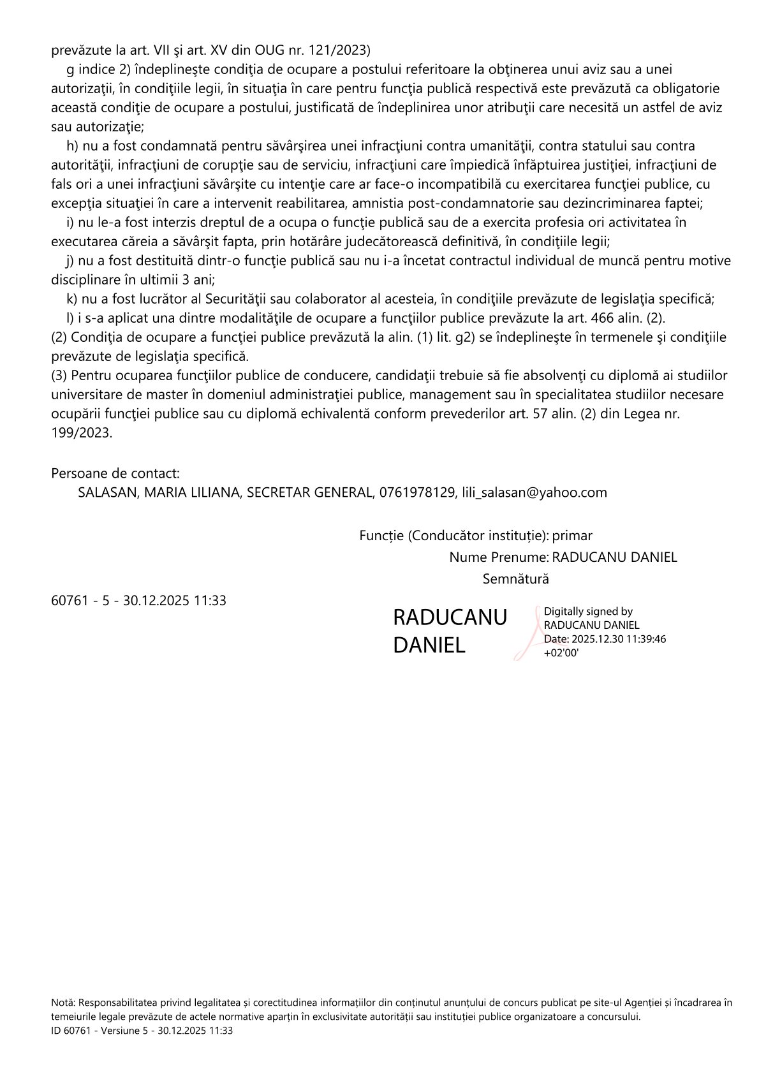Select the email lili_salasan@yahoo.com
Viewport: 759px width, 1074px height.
(534, 492)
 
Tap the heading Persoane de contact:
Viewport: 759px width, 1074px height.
(115, 473)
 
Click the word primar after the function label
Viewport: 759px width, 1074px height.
(572, 536)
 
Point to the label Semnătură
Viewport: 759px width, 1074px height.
(515, 579)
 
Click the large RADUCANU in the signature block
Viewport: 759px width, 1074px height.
(450, 617)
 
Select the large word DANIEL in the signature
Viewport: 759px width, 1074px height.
(429, 645)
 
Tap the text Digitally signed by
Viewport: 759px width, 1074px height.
(588, 612)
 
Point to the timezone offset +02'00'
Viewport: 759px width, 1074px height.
(561, 652)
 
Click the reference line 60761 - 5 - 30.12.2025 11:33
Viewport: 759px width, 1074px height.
(138, 601)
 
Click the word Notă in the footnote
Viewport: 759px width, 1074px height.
(63, 1003)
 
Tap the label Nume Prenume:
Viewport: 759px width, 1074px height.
(499, 557)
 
